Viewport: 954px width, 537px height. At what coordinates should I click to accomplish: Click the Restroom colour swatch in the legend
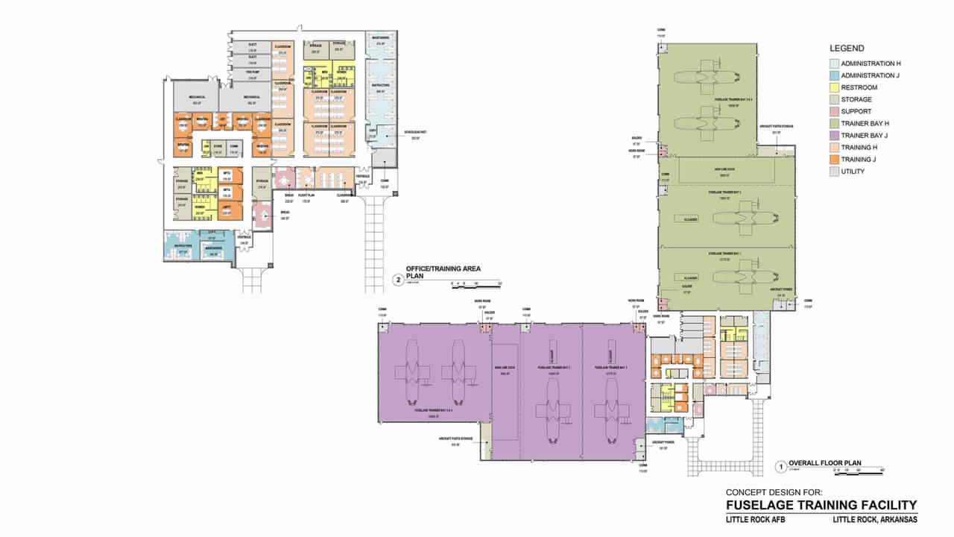tap(833, 87)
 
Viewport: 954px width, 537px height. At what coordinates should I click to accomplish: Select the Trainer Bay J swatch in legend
tap(833, 136)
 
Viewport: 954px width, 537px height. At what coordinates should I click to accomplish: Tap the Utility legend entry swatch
tap(833, 172)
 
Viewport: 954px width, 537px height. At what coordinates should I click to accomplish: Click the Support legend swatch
tap(833, 111)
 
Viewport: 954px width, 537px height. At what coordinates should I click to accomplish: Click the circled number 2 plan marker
tap(398, 280)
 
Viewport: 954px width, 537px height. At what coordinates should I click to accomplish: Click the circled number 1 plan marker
tap(780, 468)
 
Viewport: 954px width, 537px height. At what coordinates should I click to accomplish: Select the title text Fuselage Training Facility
tap(821, 505)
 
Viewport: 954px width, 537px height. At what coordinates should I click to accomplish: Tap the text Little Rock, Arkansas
tap(875, 520)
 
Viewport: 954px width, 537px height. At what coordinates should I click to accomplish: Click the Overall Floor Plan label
tap(825, 463)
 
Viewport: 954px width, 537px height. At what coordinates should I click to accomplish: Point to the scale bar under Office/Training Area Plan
tap(476, 283)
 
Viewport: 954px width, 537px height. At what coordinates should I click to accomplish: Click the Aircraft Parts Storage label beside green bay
tap(777, 127)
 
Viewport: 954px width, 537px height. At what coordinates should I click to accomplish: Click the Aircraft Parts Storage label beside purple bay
tap(464, 439)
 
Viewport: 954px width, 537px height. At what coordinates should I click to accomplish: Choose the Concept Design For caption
tap(774, 492)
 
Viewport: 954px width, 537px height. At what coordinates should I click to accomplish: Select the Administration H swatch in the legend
tap(833, 63)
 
